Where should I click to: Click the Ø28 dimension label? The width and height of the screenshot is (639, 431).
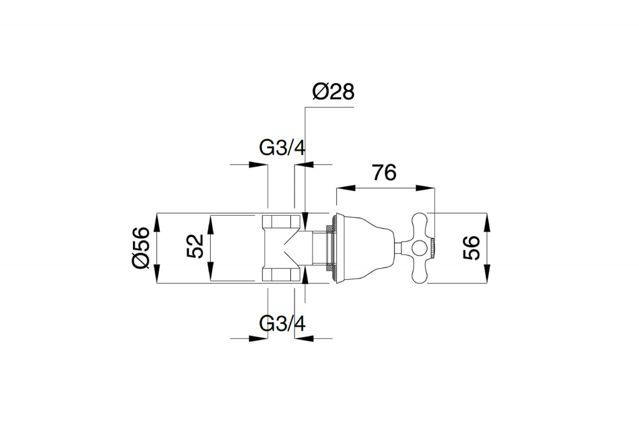pyautogui.click(x=334, y=92)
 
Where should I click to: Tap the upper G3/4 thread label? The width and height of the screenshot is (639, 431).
pyautogui.click(x=282, y=148)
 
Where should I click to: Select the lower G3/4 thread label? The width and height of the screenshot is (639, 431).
pyautogui.click(x=282, y=324)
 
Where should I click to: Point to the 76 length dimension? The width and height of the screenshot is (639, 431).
pyautogui.click(x=384, y=173)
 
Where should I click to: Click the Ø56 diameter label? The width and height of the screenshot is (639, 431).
pyautogui.click(x=141, y=248)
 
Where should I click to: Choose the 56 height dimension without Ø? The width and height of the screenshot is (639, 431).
pyautogui.click(x=472, y=248)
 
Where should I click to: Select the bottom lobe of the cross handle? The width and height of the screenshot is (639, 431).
pyautogui.click(x=420, y=270)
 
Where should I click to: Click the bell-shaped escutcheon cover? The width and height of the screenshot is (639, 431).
pyautogui.click(x=366, y=248)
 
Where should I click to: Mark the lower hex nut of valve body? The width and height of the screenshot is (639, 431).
pyautogui.click(x=282, y=274)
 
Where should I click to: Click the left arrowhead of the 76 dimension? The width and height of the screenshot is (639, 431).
pyautogui.click(x=345, y=188)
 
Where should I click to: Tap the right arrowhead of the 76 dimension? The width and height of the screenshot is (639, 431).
pyautogui.click(x=426, y=188)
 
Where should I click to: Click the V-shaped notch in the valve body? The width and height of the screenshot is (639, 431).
pyautogui.click(x=293, y=248)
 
